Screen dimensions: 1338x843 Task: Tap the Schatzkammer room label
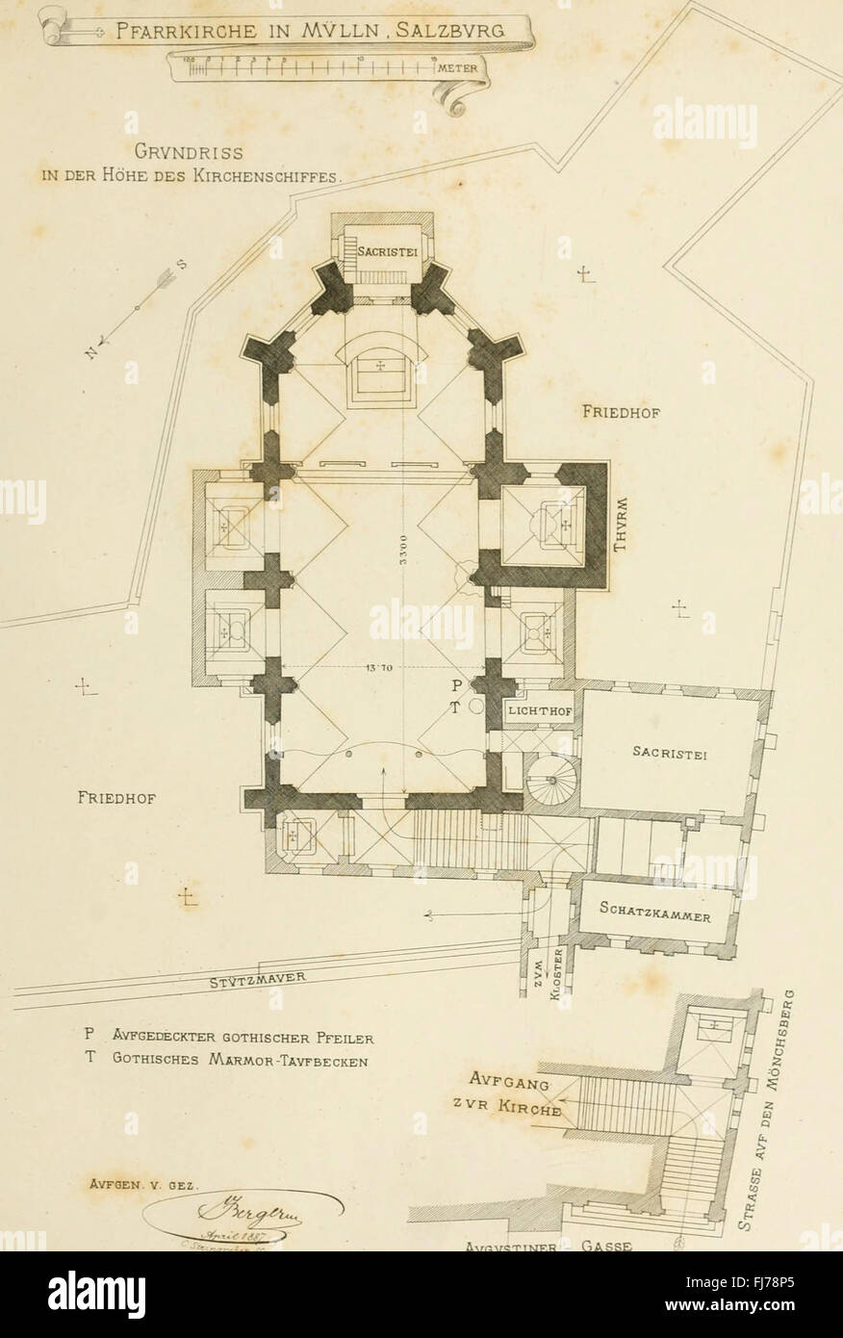coord(654,911)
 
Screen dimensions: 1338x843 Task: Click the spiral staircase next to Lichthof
coord(553,780)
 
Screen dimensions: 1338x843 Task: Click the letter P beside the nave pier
coord(456,684)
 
